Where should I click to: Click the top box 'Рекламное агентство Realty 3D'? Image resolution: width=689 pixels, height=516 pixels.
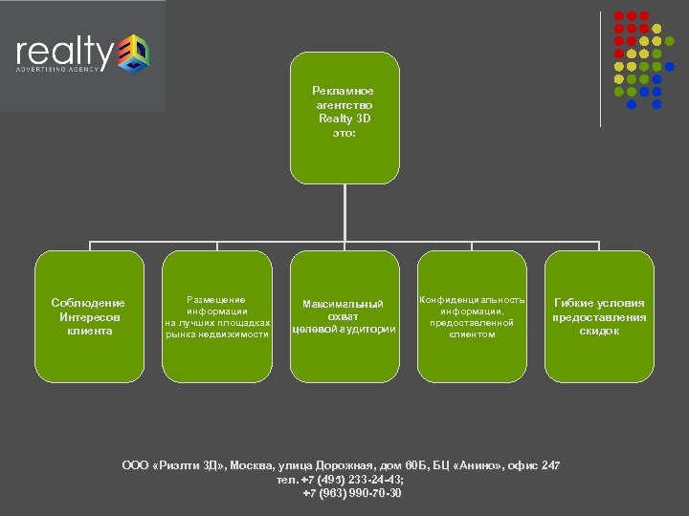click(x=344, y=118)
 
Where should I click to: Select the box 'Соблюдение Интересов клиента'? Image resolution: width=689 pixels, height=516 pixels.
click(x=88, y=316)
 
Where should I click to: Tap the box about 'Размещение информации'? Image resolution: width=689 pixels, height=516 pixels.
click(x=216, y=316)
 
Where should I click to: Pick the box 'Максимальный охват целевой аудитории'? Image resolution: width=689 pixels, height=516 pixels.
click(x=344, y=316)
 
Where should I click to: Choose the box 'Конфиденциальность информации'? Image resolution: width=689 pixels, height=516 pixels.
click(x=472, y=316)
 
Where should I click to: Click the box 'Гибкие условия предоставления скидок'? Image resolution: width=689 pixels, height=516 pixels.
click(x=599, y=316)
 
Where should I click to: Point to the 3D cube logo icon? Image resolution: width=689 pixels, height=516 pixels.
click(x=132, y=53)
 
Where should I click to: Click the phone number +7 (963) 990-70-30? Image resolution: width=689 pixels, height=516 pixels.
click(x=352, y=493)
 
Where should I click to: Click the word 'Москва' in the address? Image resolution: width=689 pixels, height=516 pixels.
click(x=251, y=465)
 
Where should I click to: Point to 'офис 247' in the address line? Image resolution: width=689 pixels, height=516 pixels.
click(x=536, y=465)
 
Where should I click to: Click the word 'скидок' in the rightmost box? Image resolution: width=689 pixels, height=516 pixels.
click(x=599, y=331)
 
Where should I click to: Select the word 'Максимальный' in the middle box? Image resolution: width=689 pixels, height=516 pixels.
click(x=344, y=304)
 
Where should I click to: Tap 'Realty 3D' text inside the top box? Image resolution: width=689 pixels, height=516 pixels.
click(x=344, y=118)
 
